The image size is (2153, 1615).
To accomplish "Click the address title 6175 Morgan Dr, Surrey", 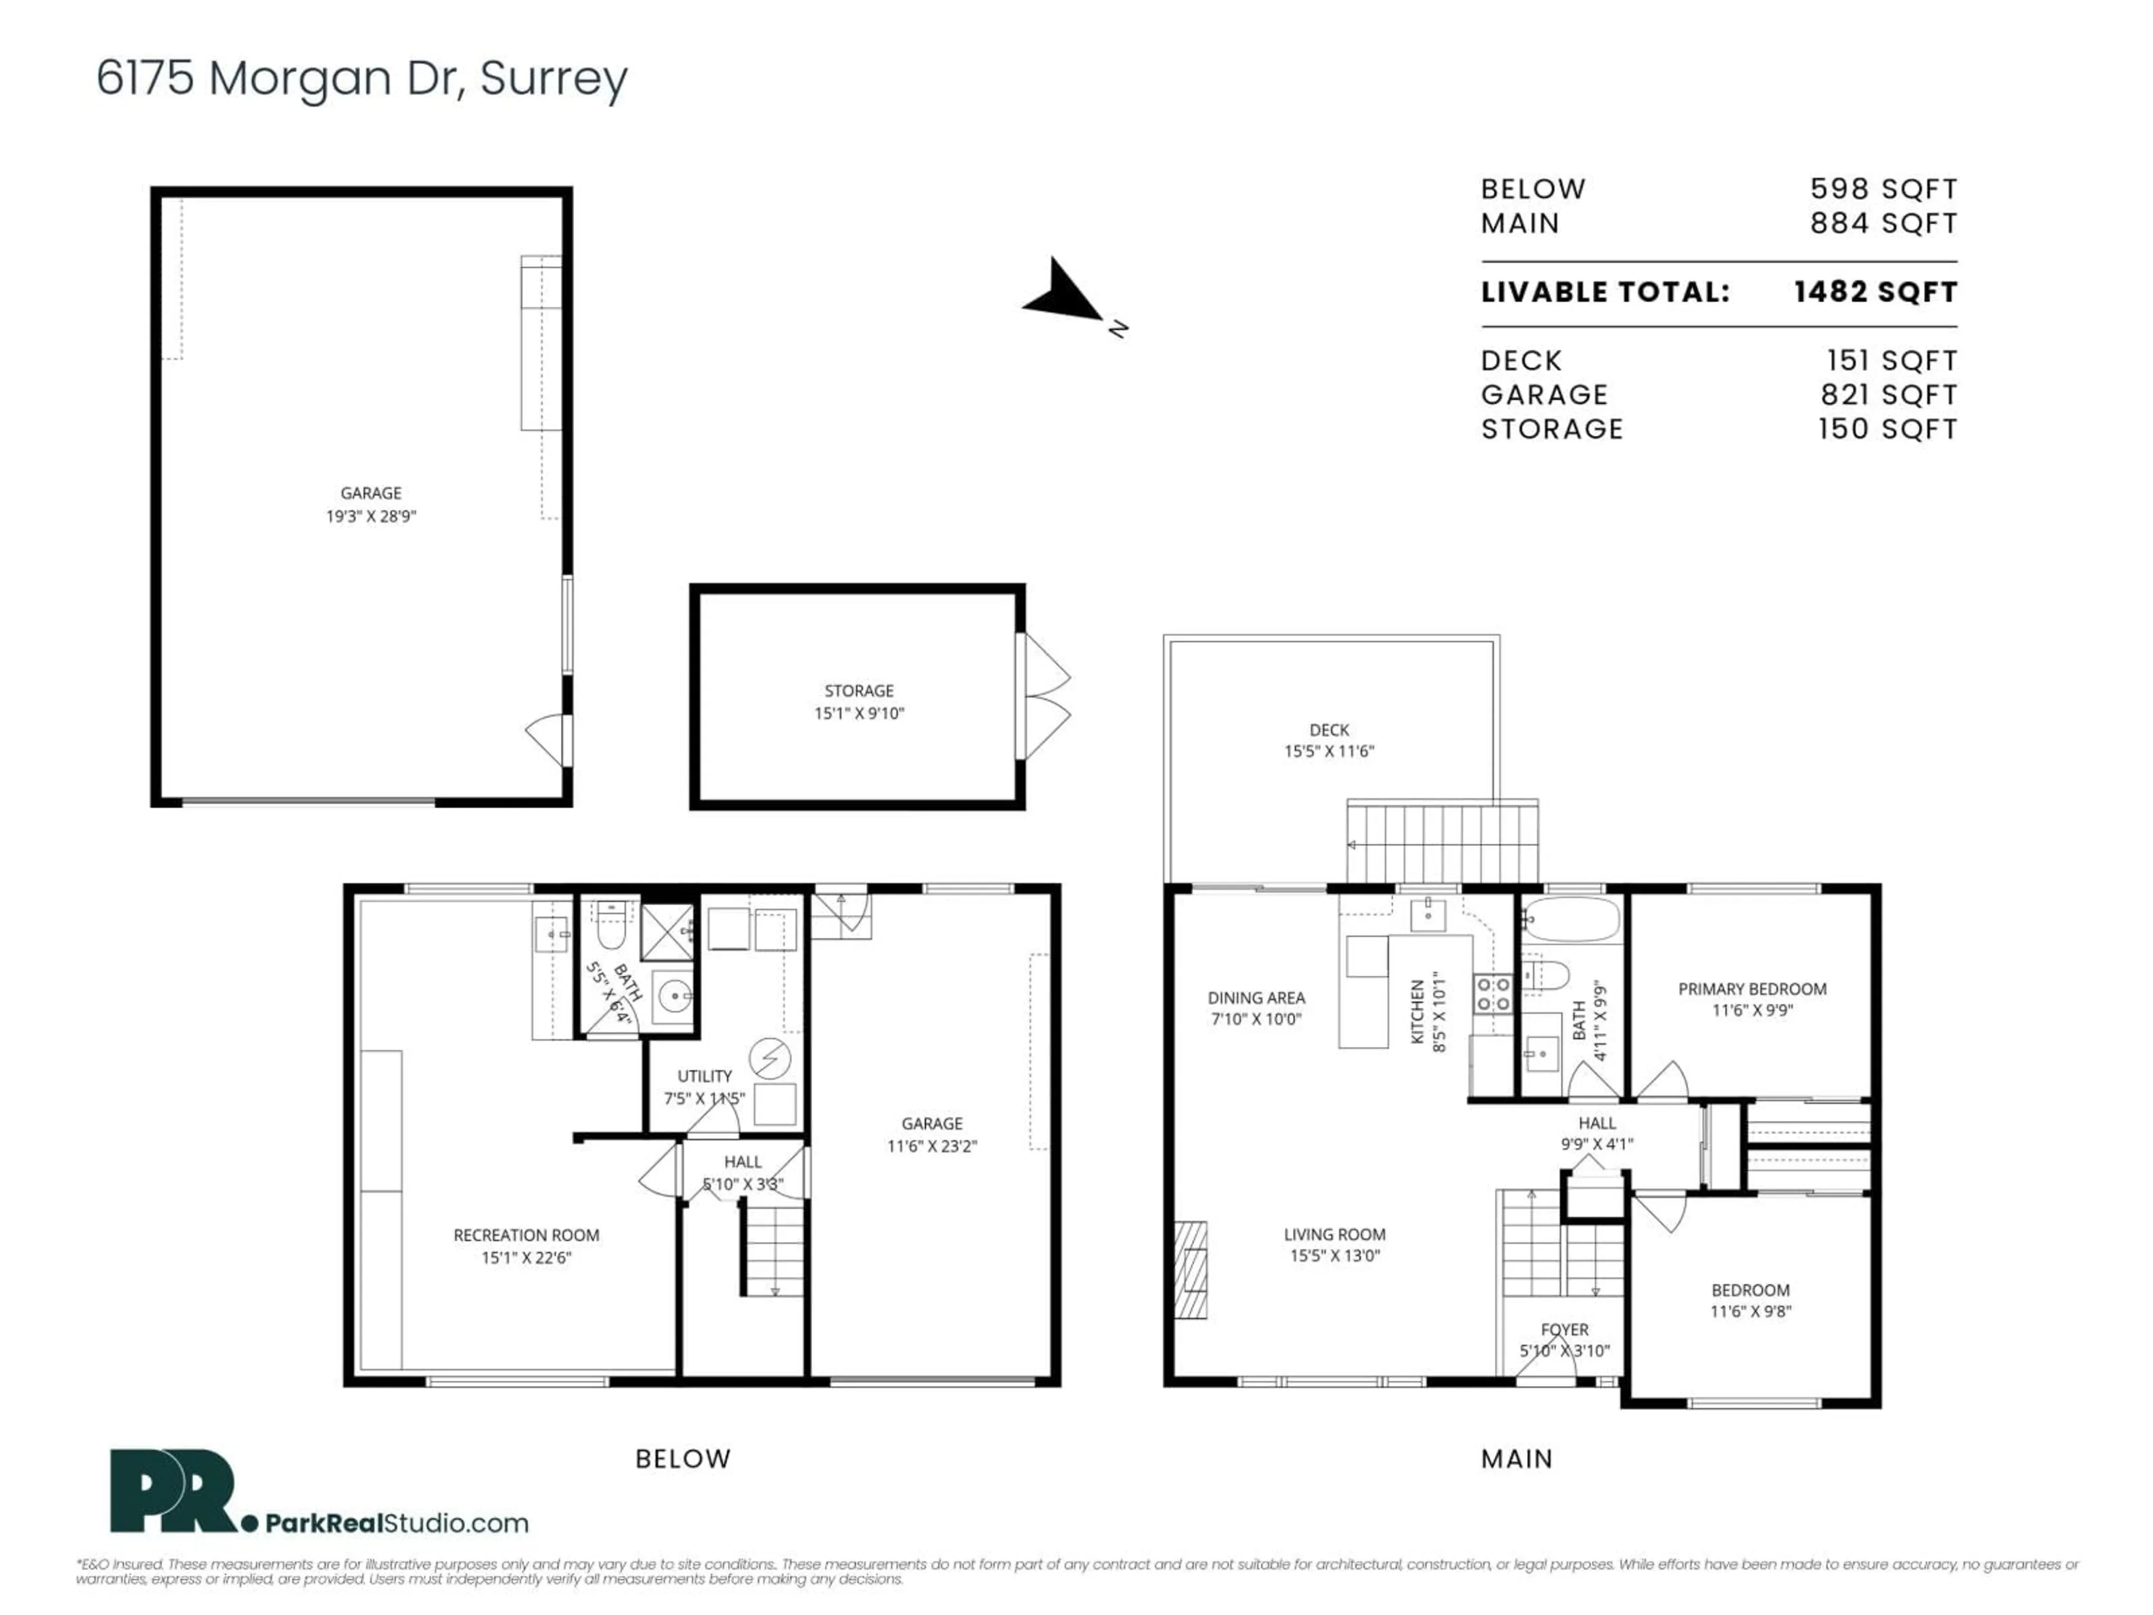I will click(x=362, y=78).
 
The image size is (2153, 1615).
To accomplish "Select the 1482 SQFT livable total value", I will click(x=1875, y=292).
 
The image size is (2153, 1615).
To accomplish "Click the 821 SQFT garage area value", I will click(x=1888, y=394).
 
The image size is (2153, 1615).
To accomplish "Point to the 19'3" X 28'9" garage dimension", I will click(x=371, y=516).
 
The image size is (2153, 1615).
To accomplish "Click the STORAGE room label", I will click(x=858, y=690).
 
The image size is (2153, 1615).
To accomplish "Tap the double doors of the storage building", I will click(x=1045, y=696).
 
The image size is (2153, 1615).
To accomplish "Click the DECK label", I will click(x=1329, y=729).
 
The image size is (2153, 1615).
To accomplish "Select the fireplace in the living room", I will click(x=1190, y=1270).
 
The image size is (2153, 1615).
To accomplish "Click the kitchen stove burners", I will click(x=1492, y=994).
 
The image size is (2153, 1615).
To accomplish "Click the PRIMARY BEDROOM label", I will click(x=1752, y=988).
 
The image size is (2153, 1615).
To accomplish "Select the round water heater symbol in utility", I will click(x=769, y=1058).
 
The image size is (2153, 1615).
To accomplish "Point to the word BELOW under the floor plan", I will click(x=682, y=1459).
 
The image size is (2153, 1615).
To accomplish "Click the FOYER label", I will click(x=1564, y=1329).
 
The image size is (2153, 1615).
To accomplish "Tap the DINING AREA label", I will click(x=1255, y=997).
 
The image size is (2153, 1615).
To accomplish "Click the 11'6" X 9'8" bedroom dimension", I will click(x=1750, y=1311).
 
